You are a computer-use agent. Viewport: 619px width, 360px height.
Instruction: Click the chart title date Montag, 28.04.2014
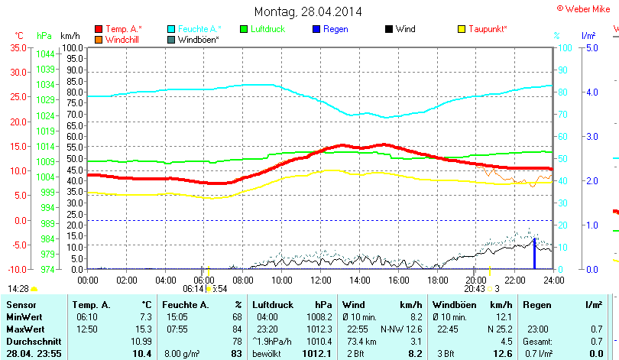[x=308, y=11]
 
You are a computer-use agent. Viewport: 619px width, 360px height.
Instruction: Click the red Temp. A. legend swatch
[x=99, y=29]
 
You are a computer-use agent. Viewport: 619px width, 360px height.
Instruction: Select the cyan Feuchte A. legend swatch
[x=171, y=29]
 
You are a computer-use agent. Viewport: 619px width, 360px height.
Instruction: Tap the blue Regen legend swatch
[x=316, y=29]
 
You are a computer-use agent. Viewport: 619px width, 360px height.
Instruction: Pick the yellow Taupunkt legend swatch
[x=461, y=29]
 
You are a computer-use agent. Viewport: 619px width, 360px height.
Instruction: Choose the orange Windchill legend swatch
[x=99, y=39]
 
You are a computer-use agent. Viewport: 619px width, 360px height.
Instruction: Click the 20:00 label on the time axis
[x=474, y=281]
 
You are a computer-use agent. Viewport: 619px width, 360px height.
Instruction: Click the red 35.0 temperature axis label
[x=18, y=47]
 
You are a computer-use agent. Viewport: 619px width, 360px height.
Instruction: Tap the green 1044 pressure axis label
[x=45, y=54]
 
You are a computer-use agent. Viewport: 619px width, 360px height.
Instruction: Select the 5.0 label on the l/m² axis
[x=591, y=47]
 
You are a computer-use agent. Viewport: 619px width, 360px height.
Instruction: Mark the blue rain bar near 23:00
[x=534, y=254]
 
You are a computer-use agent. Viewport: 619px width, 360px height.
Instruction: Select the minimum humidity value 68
[x=237, y=316]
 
